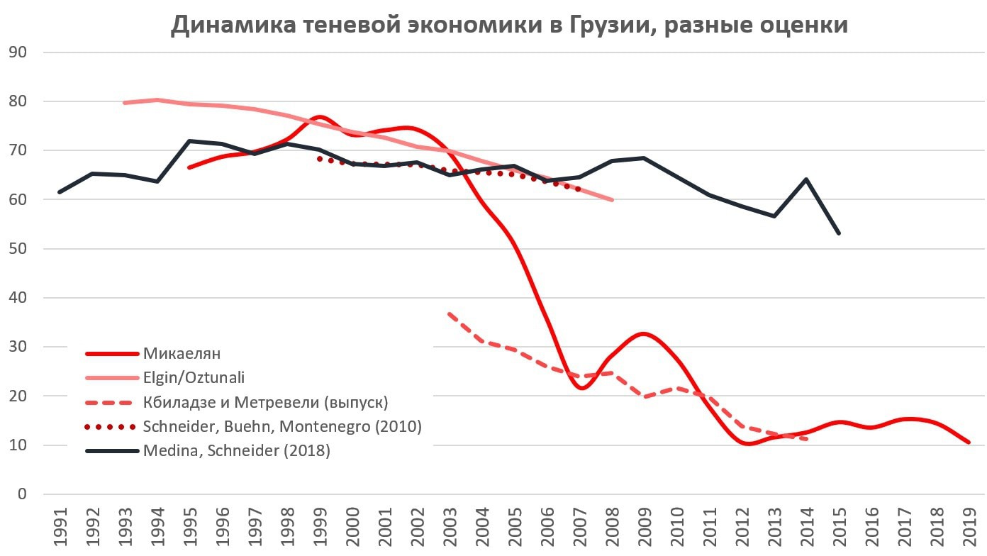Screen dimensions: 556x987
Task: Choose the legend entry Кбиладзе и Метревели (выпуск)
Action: click(x=265, y=402)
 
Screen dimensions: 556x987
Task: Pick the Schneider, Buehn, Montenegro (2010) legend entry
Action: click(x=282, y=426)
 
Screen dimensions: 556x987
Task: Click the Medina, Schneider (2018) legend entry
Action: click(x=236, y=450)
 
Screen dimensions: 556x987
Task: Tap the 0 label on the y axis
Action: click(x=21, y=494)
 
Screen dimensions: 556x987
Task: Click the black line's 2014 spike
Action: click(x=806, y=179)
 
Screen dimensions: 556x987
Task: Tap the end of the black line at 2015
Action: click(x=840, y=233)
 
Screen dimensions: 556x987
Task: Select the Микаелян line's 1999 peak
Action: click(x=320, y=117)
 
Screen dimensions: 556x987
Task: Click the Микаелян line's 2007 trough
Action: click(x=581, y=388)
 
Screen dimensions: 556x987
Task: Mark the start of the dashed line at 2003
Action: click(x=450, y=313)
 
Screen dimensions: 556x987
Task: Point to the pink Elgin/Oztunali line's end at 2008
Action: click(x=612, y=200)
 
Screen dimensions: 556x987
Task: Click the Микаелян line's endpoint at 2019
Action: click(x=969, y=443)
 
